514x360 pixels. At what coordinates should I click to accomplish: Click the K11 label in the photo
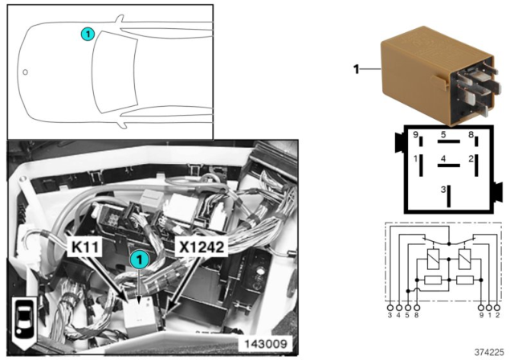[84, 247]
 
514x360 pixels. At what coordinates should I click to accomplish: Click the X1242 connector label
[202, 247]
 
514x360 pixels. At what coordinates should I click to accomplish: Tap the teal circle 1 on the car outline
[88, 34]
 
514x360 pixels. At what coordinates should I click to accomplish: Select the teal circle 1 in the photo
[140, 260]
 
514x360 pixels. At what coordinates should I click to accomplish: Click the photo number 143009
[266, 344]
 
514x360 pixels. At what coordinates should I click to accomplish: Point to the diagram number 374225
[489, 353]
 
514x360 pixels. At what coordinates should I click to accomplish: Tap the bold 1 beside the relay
[357, 69]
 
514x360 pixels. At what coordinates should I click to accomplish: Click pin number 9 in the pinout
[415, 135]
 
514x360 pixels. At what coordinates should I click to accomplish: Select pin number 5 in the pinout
[443, 134]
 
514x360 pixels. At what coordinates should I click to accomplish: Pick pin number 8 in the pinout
[471, 134]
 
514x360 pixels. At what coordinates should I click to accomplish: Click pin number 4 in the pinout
[443, 159]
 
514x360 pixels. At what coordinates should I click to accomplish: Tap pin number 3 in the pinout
[443, 190]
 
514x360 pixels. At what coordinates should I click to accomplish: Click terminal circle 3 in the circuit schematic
[390, 309]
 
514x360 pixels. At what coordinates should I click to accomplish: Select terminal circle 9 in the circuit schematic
[481, 309]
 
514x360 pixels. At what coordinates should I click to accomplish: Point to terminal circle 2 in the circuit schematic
[497, 309]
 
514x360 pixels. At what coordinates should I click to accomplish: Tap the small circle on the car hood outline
[25, 72]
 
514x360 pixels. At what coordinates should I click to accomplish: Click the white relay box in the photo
[139, 313]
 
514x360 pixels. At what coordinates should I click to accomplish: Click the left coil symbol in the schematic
[434, 259]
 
